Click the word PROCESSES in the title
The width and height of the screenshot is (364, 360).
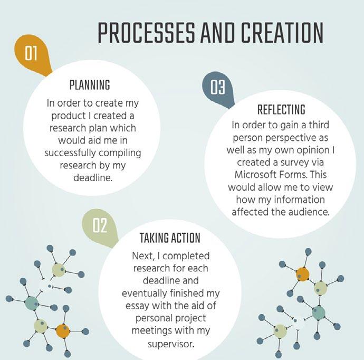click(147, 33)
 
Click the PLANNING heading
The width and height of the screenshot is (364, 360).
click(90, 85)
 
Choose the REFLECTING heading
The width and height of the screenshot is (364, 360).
click(281, 109)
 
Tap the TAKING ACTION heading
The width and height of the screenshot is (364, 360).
click(170, 238)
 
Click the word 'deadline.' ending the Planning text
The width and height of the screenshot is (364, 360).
click(93, 178)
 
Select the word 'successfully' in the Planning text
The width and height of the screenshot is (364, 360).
click(70, 153)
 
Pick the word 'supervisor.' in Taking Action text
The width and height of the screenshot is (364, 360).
click(171, 344)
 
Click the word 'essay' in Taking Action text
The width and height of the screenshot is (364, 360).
click(137, 306)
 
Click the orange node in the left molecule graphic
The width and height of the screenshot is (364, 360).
click(63, 331)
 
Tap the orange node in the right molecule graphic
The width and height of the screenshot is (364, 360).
click(303, 274)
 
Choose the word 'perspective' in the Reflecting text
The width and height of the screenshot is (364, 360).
click(290, 138)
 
